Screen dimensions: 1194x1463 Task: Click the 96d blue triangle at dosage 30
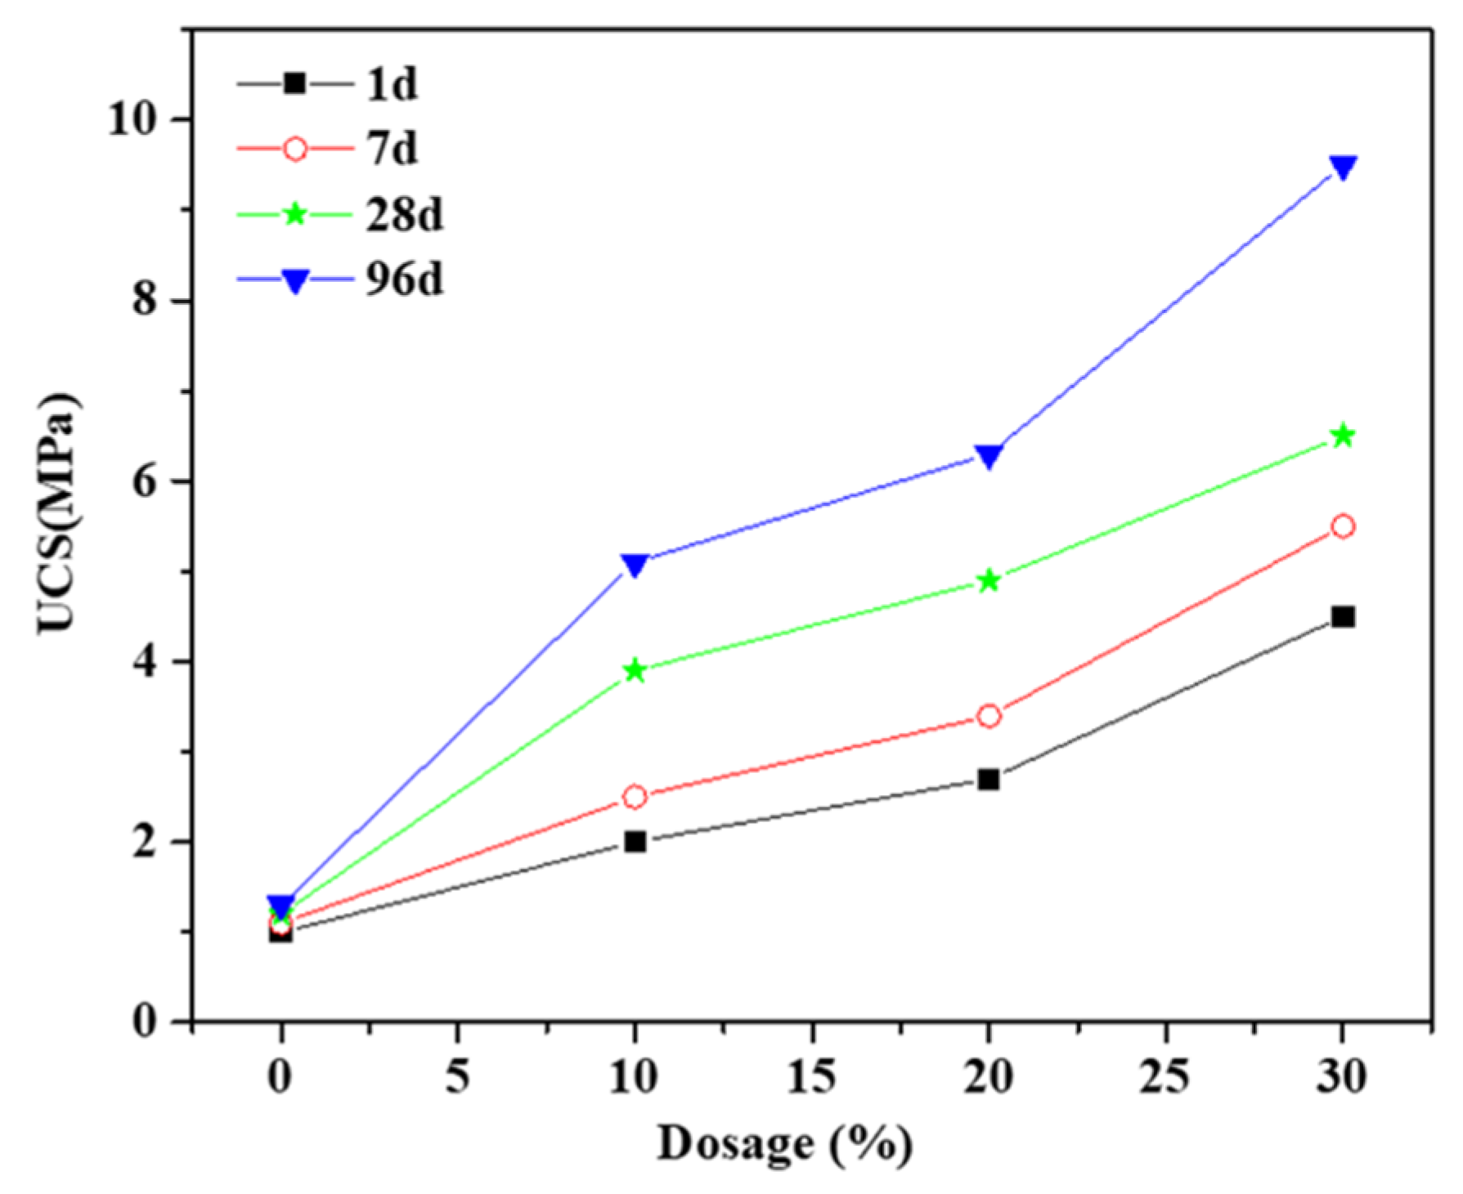1342,167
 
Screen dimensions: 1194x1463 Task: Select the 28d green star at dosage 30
1342,436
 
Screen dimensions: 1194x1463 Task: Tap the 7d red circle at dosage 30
1342,526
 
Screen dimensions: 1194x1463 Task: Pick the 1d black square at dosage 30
1342,616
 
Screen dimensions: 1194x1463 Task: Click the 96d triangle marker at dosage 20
989,455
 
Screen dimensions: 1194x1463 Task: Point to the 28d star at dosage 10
635,671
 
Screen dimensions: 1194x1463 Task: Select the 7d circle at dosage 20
989,716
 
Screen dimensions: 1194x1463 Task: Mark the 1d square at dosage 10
635,841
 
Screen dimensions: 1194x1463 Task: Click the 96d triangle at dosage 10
635,564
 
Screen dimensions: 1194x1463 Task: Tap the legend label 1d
391,84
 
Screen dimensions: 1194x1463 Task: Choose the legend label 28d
404,215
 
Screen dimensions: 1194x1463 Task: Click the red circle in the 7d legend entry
294,149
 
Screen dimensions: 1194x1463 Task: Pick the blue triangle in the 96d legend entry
294,281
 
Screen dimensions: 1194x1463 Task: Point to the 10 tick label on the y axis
132,119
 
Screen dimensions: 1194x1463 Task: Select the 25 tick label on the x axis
1164,1077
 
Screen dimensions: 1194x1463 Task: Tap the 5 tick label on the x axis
457,1077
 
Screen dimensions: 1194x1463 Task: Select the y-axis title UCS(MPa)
59,513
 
